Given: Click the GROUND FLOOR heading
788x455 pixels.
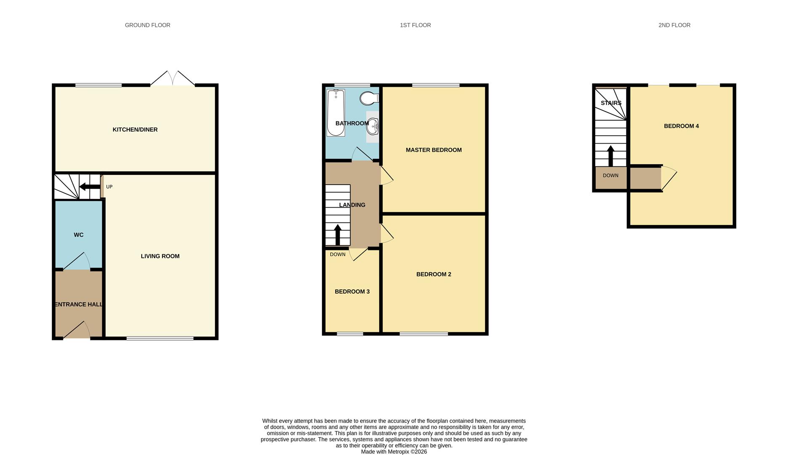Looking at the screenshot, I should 147,25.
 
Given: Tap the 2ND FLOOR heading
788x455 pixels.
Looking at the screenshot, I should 674,25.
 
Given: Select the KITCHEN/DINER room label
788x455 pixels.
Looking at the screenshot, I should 135,130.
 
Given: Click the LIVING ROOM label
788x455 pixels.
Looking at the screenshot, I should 160,256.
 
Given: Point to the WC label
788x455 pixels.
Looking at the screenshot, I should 79,235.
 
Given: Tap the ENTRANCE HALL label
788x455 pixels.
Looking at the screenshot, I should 79,305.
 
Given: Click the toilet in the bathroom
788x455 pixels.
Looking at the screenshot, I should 369,98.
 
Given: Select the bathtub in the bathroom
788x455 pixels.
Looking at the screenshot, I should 336,112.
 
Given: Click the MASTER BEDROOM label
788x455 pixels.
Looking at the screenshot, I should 433,150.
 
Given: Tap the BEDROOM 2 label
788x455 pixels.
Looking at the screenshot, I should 433,274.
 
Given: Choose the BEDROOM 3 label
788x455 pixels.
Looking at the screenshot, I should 352,292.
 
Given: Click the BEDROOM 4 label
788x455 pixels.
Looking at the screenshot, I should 681,126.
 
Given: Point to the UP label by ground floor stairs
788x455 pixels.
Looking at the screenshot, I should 109,187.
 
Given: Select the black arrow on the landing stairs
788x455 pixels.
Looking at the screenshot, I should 337,235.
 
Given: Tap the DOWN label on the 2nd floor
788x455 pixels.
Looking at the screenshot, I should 610,176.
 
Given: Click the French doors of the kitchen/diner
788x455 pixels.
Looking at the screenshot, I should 172,79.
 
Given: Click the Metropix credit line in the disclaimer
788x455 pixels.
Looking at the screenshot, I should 394,452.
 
